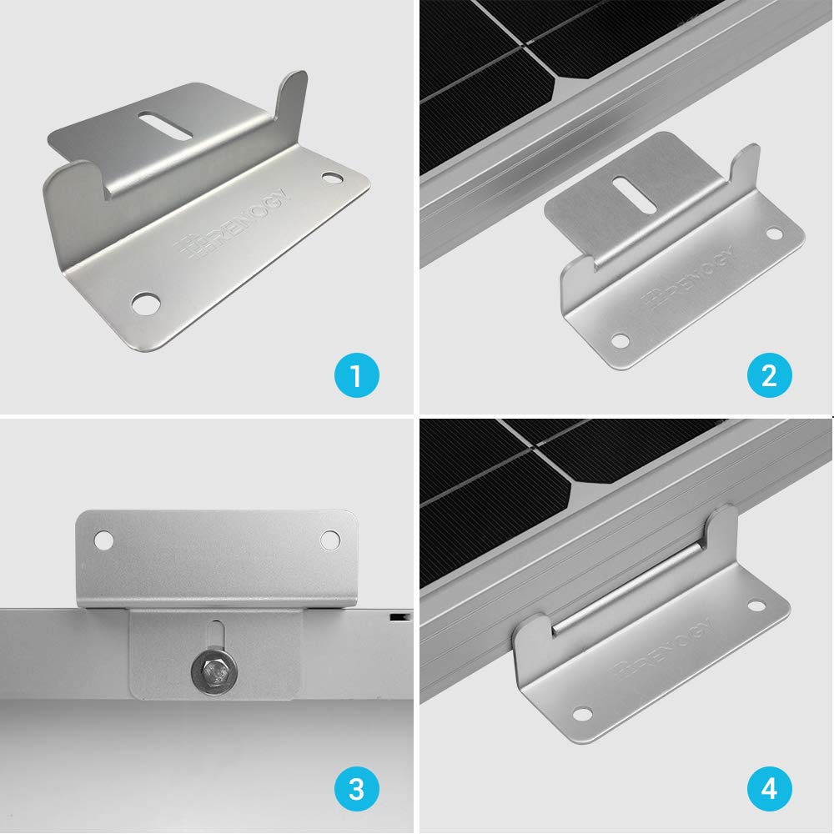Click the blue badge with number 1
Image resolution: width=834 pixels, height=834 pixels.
pyautogui.click(x=356, y=375)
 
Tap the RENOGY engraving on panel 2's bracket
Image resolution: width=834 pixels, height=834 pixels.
pyautogui.click(x=688, y=274)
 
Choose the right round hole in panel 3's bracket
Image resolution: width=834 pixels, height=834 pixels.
pyautogui.click(x=331, y=540)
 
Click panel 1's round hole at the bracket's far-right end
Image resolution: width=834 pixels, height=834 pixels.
pyautogui.click(x=332, y=178)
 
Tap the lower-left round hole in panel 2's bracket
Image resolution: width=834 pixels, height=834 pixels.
pyautogui.click(x=620, y=340)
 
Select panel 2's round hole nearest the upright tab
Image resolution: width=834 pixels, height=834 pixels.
pyautogui.click(x=774, y=234)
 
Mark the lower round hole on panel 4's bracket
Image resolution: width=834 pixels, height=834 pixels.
pyautogui.click(x=582, y=714)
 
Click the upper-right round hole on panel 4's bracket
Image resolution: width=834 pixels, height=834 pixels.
pyautogui.click(x=756, y=607)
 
